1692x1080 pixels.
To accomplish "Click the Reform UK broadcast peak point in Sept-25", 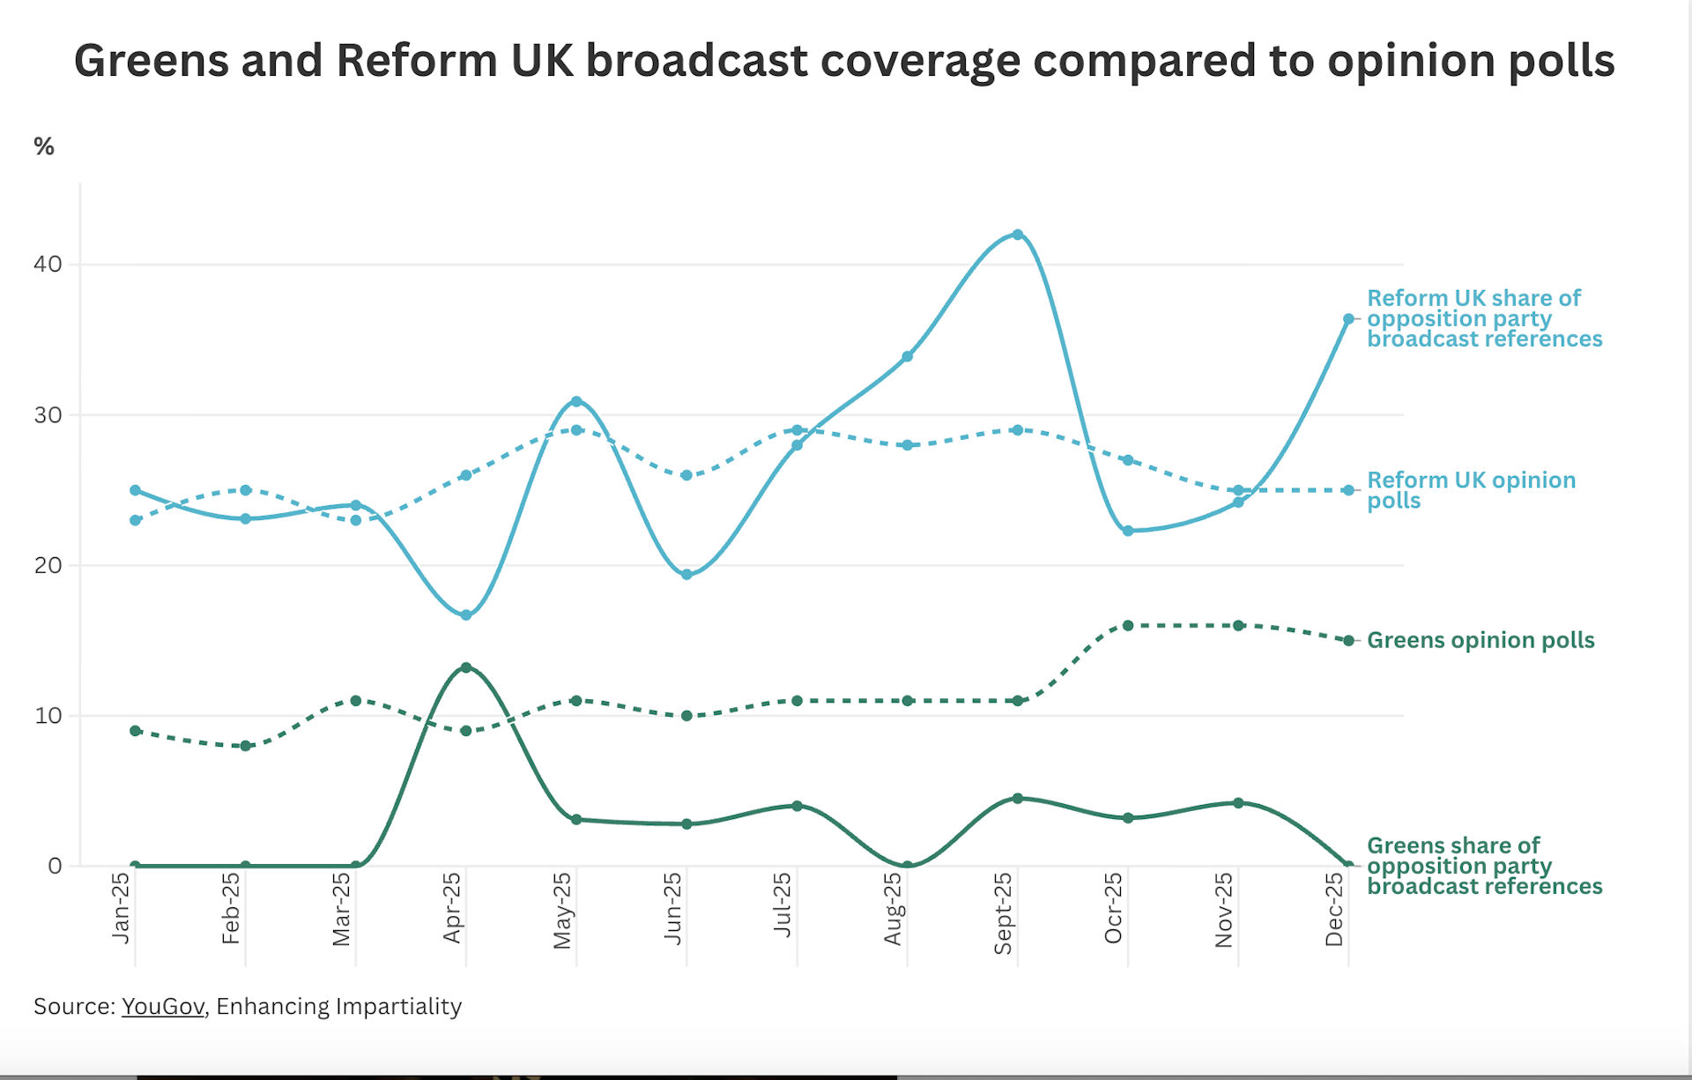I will [1018, 235].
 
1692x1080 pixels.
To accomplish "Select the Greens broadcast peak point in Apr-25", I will [466, 667].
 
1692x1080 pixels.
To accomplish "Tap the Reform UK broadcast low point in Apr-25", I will [466, 615].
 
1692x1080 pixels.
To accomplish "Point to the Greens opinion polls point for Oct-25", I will [1128, 626].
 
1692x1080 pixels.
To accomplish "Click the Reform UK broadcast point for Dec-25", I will [1348, 319].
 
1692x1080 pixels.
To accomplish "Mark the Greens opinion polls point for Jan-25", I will [135, 731].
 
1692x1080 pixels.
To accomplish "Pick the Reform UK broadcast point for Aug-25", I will [908, 357].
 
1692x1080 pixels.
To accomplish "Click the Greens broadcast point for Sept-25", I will [1018, 799].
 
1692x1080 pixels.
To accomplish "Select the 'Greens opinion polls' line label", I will [1480, 641].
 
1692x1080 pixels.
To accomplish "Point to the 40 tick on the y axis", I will [48, 264].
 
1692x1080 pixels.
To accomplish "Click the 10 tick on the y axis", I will [48, 716].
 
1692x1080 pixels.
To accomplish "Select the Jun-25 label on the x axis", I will [673, 908].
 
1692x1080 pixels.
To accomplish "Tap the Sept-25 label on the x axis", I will [1003, 913].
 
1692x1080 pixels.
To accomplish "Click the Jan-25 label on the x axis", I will [121, 908].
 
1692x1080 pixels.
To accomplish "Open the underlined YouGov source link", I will [163, 1007].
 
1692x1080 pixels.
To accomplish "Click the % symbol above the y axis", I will [44, 146].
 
